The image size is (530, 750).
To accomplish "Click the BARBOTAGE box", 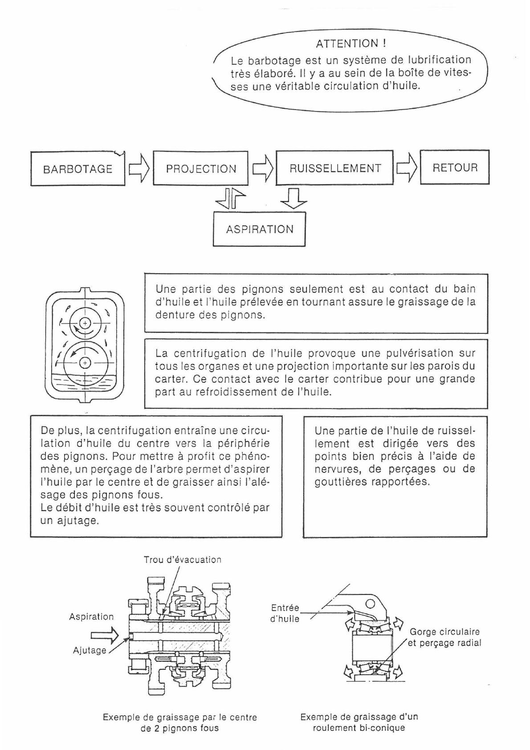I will point(77,169).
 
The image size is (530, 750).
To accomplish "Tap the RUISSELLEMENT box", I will point(334,168).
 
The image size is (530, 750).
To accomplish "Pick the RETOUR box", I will point(455,168).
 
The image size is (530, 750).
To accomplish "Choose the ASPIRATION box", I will point(259,230).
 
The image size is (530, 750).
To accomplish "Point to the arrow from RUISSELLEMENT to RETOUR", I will point(407,168).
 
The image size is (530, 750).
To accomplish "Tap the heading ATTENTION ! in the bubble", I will point(351,44).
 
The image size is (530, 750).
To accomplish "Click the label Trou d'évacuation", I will point(182,560).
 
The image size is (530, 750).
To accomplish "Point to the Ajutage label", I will point(90,651).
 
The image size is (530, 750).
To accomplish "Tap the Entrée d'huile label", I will point(285,613).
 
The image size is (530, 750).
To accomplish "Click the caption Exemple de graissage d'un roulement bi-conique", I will point(359,722).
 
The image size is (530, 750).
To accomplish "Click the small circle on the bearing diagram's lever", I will point(370,604).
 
